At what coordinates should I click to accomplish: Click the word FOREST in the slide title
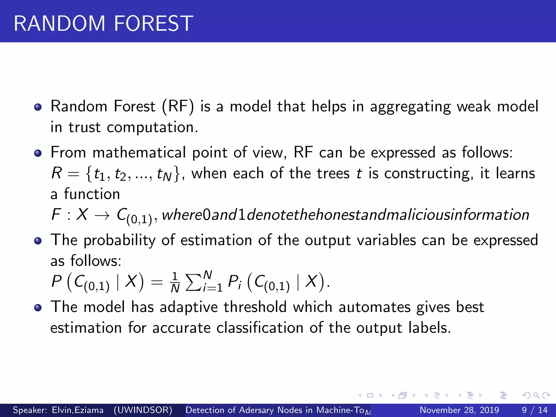[x=154, y=24]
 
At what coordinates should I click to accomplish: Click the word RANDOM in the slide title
[x=59, y=24]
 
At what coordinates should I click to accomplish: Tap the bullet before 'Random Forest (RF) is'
[x=38, y=107]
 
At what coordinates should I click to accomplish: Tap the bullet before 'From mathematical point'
[x=38, y=153]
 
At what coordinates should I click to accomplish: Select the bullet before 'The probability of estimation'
[x=38, y=241]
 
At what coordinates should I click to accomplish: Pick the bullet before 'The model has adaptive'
[x=38, y=308]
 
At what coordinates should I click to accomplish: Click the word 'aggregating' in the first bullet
[x=410, y=107]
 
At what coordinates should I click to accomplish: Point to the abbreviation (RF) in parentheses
[x=178, y=106]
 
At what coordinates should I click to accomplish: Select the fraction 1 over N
[x=175, y=282]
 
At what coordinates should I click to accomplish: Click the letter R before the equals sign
[x=57, y=173]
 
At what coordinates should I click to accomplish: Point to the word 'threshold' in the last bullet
[x=255, y=307]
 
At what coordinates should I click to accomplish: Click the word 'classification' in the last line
[x=260, y=328]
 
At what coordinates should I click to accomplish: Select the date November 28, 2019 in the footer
[x=459, y=410]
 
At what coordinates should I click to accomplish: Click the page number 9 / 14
[x=535, y=410]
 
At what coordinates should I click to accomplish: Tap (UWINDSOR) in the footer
[x=143, y=410]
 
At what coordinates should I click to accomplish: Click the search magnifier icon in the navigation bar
[x=536, y=396]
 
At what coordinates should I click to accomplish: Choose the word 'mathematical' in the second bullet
[x=139, y=153]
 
